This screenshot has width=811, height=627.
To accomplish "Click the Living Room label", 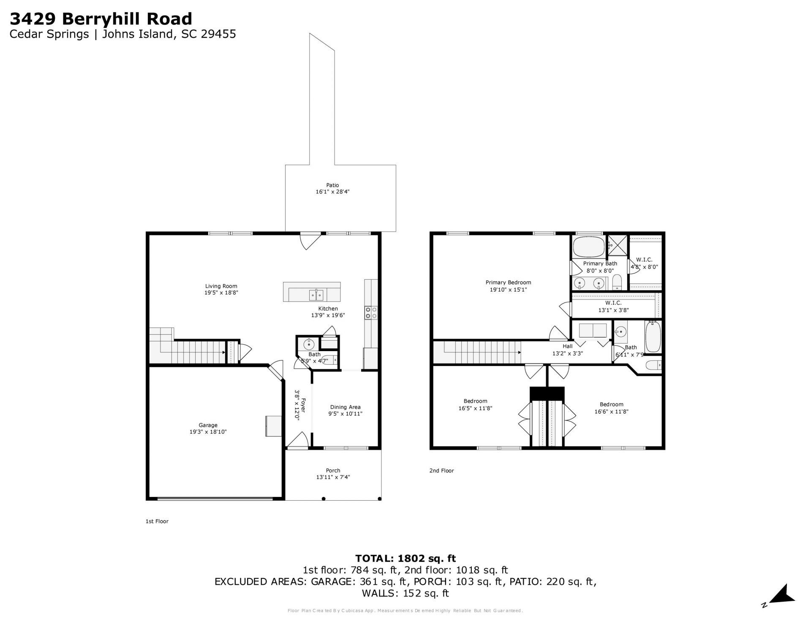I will click(x=221, y=286).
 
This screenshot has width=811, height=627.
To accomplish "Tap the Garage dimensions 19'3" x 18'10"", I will click(x=208, y=432).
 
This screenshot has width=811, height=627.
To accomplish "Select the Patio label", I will click(x=332, y=185).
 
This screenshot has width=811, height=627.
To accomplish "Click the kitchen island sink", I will click(x=316, y=294).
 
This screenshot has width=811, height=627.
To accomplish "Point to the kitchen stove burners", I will click(x=371, y=313).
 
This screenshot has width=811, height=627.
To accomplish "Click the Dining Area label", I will click(x=345, y=407).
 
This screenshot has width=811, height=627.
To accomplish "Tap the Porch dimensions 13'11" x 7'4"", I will click(x=333, y=477).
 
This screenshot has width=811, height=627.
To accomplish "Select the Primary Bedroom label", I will click(x=508, y=283).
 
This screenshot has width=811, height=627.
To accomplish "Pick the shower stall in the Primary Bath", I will click(x=617, y=245).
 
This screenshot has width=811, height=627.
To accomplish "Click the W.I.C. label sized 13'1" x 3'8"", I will click(x=613, y=303).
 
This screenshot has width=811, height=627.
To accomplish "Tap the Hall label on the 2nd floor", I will click(x=567, y=346).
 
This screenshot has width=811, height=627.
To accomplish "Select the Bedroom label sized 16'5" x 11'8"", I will click(x=475, y=401).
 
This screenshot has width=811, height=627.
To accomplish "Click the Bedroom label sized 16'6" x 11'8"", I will click(x=611, y=404).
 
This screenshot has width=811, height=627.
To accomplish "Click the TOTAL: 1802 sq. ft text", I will click(x=405, y=559).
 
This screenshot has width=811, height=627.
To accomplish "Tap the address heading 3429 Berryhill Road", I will click(x=101, y=19).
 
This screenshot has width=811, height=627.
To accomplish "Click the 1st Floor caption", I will click(x=157, y=521).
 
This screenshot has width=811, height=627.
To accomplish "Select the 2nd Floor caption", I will click(x=441, y=471).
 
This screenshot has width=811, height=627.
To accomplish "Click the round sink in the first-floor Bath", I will click(x=309, y=344).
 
